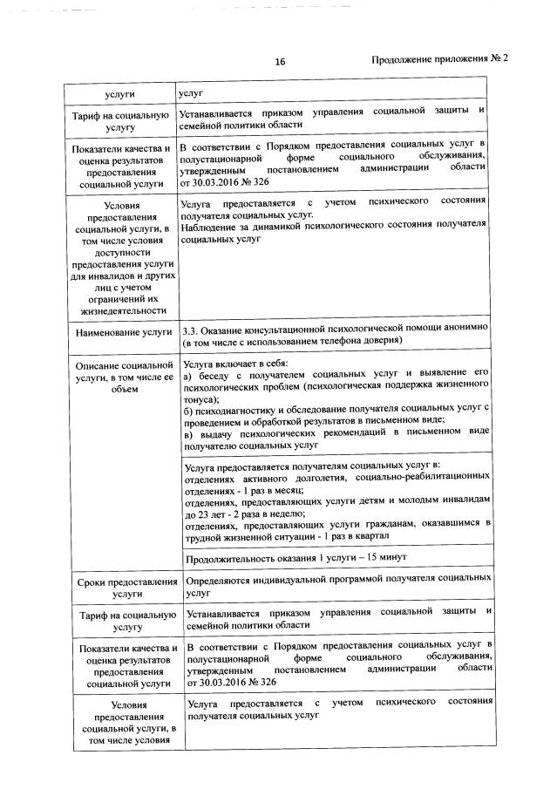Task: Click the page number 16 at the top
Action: [x=280, y=61]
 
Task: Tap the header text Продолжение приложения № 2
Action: [x=439, y=59]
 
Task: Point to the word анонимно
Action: [x=466, y=328]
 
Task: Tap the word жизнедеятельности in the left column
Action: [x=122, y=309]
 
